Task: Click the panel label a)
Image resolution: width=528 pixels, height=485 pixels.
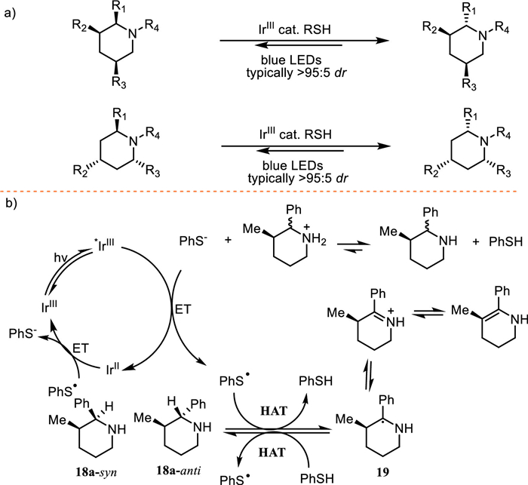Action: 11,14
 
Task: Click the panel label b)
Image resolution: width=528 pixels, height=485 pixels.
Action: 11,204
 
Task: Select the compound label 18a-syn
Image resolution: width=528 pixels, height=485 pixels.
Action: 97,472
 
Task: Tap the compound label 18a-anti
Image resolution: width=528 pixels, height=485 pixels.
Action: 179,470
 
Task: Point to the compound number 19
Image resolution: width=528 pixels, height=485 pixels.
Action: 383,472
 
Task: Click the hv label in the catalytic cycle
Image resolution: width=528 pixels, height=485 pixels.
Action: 62,258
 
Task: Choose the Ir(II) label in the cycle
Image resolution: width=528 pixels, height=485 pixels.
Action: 112,369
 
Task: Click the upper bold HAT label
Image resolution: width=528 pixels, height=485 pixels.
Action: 273,411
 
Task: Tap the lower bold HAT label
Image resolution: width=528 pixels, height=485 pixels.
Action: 272,452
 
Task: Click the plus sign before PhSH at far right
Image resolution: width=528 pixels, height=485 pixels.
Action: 476,241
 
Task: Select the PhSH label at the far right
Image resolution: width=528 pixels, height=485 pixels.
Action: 506,241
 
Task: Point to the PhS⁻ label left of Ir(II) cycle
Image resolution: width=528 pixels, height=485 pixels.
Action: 23,333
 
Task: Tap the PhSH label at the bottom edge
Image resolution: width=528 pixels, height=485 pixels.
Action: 317,478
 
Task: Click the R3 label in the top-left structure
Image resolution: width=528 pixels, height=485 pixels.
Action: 119,82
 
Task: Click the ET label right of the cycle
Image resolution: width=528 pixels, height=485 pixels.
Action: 183,309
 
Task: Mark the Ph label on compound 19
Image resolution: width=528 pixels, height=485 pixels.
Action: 386,400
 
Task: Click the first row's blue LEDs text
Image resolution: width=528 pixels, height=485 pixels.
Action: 291,60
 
